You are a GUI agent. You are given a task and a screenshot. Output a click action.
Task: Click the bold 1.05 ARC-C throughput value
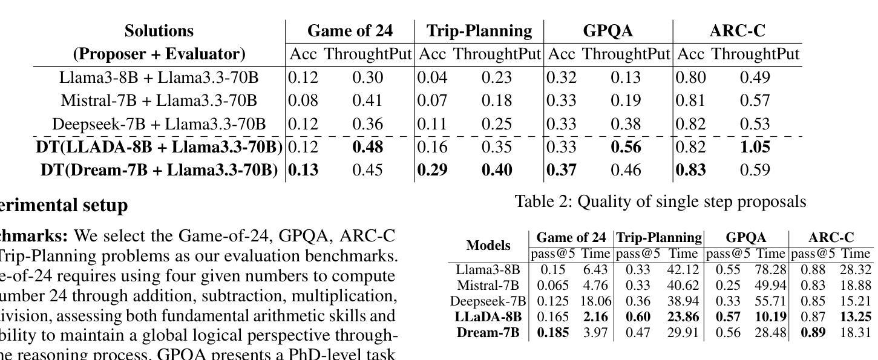[755, 147]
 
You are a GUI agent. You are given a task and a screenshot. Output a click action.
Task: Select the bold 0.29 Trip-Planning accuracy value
[432, 170]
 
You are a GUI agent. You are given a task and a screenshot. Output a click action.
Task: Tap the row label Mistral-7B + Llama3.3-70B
[159, 100]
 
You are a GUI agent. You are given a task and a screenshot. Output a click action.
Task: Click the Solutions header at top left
[159, 31]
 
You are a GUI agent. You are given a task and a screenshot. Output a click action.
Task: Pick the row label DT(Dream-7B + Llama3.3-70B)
[159, 170]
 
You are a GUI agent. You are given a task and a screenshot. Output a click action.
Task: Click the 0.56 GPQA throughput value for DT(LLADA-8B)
[626, 147]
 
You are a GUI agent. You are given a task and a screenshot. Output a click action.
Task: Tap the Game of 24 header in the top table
[350, 31]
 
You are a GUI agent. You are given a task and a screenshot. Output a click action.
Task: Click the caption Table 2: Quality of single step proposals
[660, 201]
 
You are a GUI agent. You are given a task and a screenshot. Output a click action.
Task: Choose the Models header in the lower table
[488, 246]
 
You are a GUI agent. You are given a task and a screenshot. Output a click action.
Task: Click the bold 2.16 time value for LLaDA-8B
[596, 316]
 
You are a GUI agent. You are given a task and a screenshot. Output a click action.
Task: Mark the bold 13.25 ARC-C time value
[859, 316]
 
